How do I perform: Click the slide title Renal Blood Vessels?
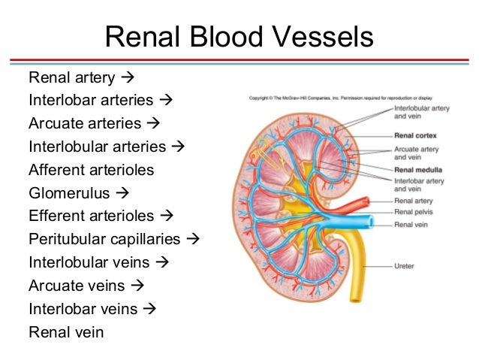[x=239, y=37]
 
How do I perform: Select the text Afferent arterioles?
[x=91, y=170]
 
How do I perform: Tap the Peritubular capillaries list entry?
[x=105, y=240]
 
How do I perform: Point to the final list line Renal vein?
[x=66, y=331]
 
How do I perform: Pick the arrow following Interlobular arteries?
[x=178, y=147]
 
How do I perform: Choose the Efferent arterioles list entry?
[x=91, y=216]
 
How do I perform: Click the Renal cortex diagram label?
[x=416, y=137]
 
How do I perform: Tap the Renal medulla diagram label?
[x=417, y=170]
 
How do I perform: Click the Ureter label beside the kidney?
[x=405, y=265]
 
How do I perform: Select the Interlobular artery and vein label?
[x=420, y=113]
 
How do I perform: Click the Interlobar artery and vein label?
[x=419, y=185]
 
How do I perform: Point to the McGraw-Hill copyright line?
[x=342, y=98]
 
